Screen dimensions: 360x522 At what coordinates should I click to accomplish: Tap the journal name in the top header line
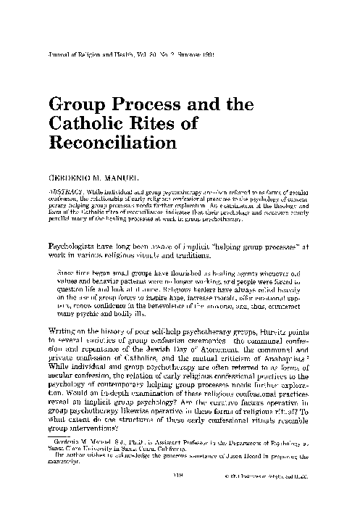point(93,54)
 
